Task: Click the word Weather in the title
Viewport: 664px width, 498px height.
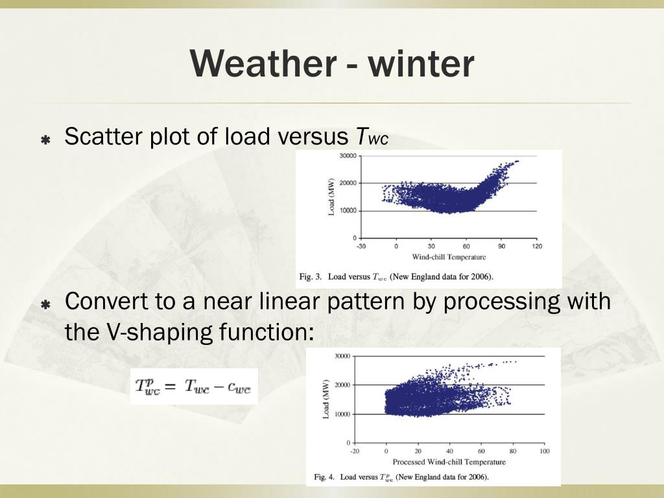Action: pos(263,64)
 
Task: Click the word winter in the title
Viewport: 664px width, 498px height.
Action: pos(421,64)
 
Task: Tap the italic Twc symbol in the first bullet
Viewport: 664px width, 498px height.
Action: pos(372,137)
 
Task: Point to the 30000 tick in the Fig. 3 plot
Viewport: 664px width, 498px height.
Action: pos(348,156)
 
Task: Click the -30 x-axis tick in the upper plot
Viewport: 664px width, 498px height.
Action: pos(361,246)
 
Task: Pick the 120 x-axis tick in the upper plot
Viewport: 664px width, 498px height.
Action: pos(537,246)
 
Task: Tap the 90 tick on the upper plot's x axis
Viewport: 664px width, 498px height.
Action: pos(501,246)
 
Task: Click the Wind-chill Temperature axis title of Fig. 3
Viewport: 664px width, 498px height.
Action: pos(449,257)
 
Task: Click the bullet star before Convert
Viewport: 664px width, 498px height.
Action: pos(46,304)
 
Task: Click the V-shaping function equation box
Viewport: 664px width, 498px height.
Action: pos(194,386)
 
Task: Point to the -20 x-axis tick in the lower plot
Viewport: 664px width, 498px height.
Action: pos(355,451)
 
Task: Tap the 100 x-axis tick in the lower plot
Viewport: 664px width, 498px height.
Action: pos(545,451)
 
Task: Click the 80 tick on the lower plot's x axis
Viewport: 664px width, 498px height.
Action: pos(513,451)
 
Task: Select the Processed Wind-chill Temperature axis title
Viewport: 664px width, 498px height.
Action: pos(449,462)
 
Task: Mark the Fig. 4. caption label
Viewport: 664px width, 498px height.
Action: pos(324,477)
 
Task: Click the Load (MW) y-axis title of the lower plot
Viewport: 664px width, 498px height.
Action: pos(326,399)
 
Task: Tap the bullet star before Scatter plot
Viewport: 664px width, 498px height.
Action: pos(46,139)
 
